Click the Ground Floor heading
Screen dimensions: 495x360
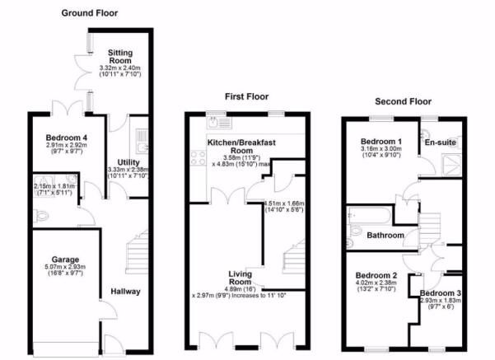pyautogui.click(x=90, y=13)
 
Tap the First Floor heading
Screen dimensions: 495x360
pyautogui.click(x=246, y=96)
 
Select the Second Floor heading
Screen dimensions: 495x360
pyautogui.click(x=403, y=101)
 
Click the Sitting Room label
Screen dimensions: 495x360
pyautogui.click(x=120, y=57)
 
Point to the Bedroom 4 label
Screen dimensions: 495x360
pyautogui.click(x=66, y=138)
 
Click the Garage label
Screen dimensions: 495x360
pyautogui.click(x=65, y=259)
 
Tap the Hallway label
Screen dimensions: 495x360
pyautogui.click(x=125, y=292)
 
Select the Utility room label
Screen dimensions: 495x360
pyautogui.click(x=128, y=162)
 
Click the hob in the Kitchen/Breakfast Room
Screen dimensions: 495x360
pyautogui.click(x=198, y=158)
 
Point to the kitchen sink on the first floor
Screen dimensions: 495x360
pyautogui.click(x=220, y=122)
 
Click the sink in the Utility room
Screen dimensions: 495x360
pyautogui.click(x=142, y=141)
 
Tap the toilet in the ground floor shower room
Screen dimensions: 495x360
pyautogui.click(x=42, y=216)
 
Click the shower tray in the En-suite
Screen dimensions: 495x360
pyautogui.click(x=451, y=165)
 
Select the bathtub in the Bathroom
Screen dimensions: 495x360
pyautogui.click(x=369, y=216)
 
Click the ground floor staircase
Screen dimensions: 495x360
pyautogui.click(x=138, y=252)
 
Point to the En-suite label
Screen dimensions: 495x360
pyautogui.click(x=441, y=143)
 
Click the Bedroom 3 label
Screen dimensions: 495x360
pyautogui.click(x=441, y=293)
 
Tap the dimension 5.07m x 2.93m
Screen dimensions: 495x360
pyautogui.click(x=65, y=267)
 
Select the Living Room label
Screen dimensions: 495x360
pyautogui.click(x=240, y=278)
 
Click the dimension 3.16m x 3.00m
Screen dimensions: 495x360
pyautogui.click(x=381, y=149)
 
